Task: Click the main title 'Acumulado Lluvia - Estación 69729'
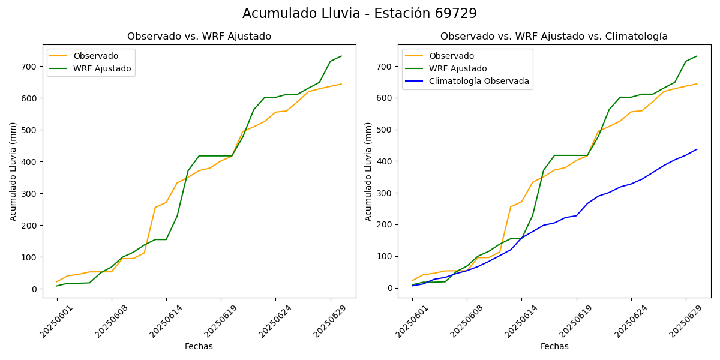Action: [x=359, y=14]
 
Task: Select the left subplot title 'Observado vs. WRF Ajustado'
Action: [x=199, y=37]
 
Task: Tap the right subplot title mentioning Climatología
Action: [x=554, y=37]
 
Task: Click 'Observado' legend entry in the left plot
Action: [x=95, y=56]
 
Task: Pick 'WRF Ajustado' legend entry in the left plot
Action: [x=102, y=68]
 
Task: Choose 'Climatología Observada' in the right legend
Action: [x=479, y=81]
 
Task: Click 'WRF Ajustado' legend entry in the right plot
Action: [x=458, y=68]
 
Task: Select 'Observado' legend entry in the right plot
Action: [x=451, y=56]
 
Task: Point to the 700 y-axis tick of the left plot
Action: [x=30, y=67]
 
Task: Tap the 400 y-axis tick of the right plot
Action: [x=385, y=161]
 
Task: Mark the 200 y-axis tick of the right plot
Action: [x=385, y=225]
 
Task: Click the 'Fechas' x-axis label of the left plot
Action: [x=199, y=346]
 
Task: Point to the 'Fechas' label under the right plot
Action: [x=554, y=346]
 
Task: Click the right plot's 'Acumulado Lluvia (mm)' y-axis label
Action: [x=368, y=171]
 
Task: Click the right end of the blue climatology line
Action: [x=697, y=149]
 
